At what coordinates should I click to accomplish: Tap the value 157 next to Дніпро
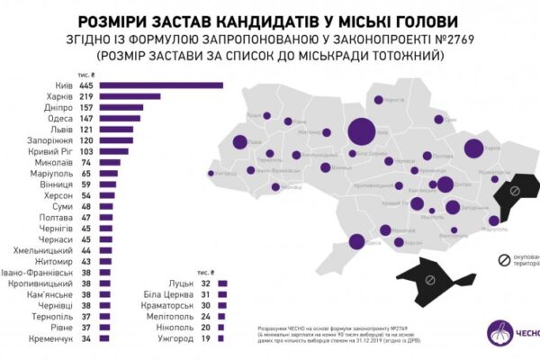coord(87,107)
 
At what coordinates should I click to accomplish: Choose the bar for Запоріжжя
coord(117,140)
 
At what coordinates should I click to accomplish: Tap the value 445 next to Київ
coord(87,85)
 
